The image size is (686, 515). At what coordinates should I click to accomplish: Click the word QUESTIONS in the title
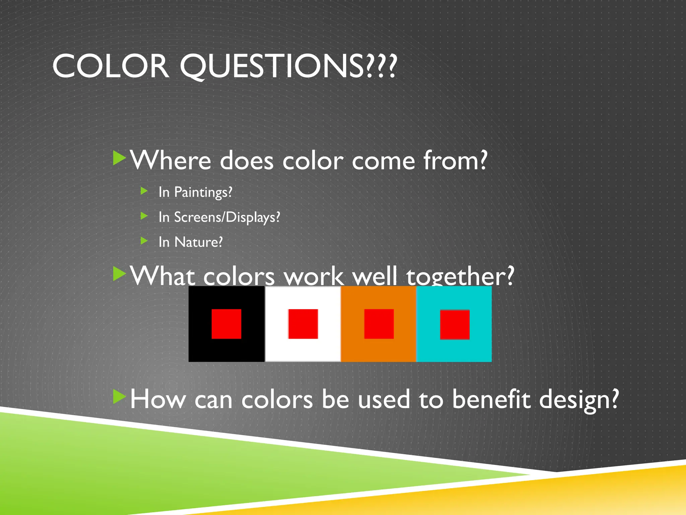[x=288, y=66]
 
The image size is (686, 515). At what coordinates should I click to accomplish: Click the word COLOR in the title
[x=111, y=66]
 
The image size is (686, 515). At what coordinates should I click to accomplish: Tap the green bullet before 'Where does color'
[x=119, y=158]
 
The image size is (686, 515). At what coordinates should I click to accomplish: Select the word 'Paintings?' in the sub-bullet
[x=203, y=192]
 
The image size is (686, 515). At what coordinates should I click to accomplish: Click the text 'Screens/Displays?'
[x=227, y=217]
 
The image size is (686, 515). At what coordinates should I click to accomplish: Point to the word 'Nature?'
[x=198, y=242]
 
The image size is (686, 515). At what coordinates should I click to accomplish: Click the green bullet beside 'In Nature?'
[x=144, y=241]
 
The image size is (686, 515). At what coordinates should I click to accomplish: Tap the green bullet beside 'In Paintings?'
[x=144, y=191]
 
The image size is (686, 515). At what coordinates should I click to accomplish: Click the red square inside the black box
[x=226, y=324]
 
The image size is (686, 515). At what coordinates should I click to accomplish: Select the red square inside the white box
[x=303, y=324]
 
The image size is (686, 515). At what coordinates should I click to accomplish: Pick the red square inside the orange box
[x=379, y=324]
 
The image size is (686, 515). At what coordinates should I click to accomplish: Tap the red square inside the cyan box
[x=455, y=325]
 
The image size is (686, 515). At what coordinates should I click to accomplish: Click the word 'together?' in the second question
[x=460, y=276]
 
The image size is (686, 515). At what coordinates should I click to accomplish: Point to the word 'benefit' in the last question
[x=491, y=399]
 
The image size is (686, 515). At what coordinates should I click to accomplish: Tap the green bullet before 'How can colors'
[x=119, y=397]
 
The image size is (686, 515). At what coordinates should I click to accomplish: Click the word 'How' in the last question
[x=157, y=399]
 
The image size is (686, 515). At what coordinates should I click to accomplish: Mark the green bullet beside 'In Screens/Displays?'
[x=144, y=216]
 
